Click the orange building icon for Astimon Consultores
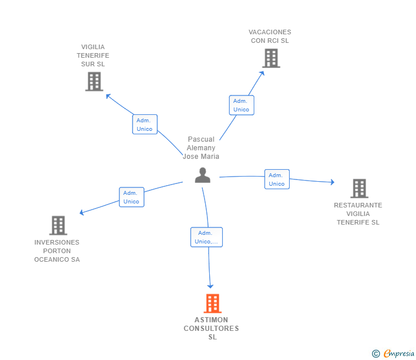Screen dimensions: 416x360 click(213, 303)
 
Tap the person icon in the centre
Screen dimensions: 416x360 click(202, 175)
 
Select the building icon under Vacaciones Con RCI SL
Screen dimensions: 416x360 click(271, 58)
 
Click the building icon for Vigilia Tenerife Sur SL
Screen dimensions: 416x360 click(94, 82)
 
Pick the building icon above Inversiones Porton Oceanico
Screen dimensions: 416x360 click(58, 225)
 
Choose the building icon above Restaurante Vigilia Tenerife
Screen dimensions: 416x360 click(359, 189)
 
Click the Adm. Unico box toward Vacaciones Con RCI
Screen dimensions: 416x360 click(241, 105)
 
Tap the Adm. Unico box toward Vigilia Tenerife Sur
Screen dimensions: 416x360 click(145, 124)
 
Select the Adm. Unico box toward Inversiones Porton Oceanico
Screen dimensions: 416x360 click(131, 197)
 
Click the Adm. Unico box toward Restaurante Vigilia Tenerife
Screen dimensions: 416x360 click(277, 179)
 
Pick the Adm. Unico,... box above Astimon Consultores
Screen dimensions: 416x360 click(206, 237)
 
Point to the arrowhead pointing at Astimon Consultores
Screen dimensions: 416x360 click(210, 286)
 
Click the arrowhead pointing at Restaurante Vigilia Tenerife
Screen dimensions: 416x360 click(332, 182)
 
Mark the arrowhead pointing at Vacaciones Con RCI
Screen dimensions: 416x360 click(262, 74)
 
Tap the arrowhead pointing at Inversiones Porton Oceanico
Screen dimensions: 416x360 click(82, 212)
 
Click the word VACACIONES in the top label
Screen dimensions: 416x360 click(270, 32)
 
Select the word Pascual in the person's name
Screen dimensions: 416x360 click(201, 139)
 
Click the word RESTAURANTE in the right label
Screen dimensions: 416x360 click(358, 205)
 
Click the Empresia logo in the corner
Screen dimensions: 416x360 click(393, 353)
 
